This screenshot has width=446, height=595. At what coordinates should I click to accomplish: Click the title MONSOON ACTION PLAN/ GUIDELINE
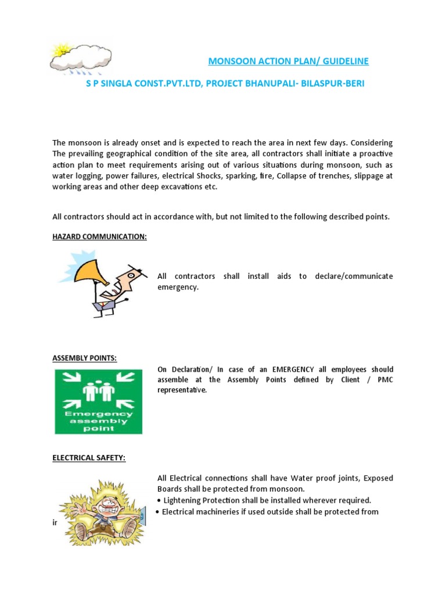288,61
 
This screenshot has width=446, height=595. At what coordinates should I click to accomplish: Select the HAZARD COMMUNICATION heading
99,237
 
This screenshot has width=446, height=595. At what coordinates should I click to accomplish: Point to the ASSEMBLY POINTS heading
85,358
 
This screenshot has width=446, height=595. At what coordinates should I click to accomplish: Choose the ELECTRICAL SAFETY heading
89,458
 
